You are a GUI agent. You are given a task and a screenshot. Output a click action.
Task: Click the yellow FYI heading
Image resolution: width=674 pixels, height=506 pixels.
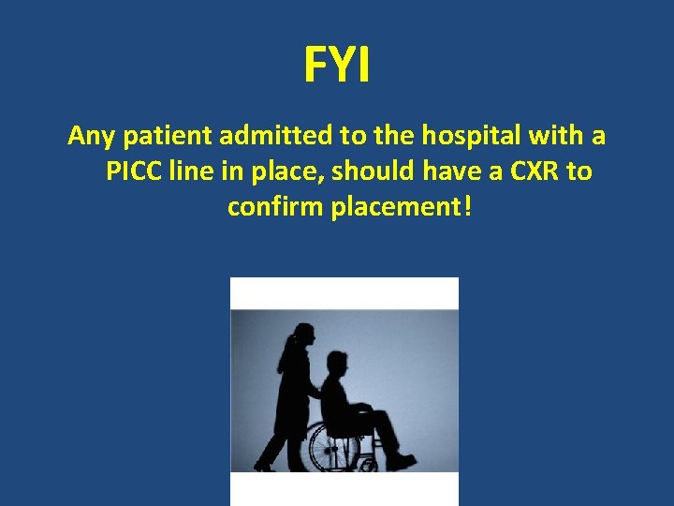tap(337, 66)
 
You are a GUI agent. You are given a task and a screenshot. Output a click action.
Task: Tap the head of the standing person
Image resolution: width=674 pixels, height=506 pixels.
tap(304, 335)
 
